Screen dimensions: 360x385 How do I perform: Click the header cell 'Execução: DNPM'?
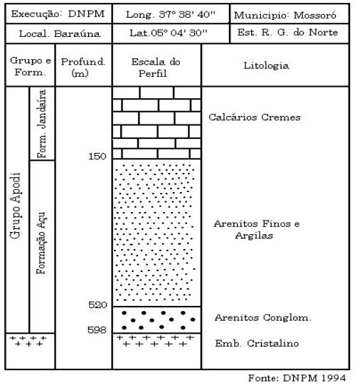point(58,14)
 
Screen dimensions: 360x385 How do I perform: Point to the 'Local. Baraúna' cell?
point(60,33)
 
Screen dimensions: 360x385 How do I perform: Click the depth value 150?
point(97,156)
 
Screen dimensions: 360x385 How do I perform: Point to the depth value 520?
point(97,305)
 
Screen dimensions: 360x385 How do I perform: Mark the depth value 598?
point(97,329)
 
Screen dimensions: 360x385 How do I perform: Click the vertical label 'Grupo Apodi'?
point(15,205)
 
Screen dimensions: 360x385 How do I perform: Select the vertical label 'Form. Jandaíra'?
point(41,124)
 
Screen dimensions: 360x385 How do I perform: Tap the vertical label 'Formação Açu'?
point(41,243)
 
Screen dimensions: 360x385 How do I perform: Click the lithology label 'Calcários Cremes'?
point(255,117)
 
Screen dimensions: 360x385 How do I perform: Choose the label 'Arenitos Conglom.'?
point(263,317)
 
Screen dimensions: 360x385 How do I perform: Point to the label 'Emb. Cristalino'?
point(257,343)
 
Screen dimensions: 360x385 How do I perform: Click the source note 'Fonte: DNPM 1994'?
point(297,378)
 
